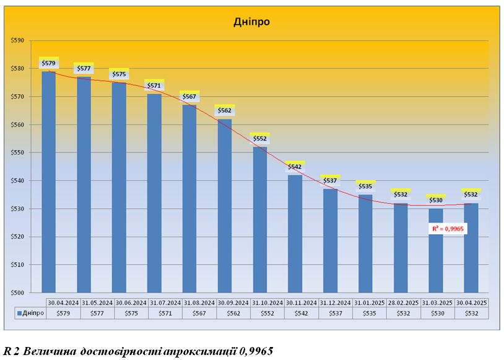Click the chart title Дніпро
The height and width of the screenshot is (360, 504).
pyautogui.click(x=252, y=22)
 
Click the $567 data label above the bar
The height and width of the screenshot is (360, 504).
pyautogui.click(x=189, y=96)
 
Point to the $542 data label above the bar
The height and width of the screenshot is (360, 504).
pyautogui.click(x=295, y=167)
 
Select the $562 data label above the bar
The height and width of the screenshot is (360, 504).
pyautogui.click(x=225, y=110)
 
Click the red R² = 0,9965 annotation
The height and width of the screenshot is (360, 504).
pyautogui.click(x=448, y=229)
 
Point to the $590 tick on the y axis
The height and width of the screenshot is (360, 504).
pyautogui.click(x=17, y=41)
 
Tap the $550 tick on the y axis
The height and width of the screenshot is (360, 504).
pyautogui.click(x=17, y=153)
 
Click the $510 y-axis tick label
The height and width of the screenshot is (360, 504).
pyautogui.click(x=17, y=265)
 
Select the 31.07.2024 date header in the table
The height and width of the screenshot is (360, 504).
pyautogui.click(x=165, y=302)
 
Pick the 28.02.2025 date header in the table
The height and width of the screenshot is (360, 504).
pyautogui.click(x=403, y=302)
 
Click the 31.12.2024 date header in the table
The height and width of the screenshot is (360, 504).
pyautogui.click(x=335, y=302)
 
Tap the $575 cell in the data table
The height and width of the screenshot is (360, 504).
pyautogui.click(x=131, y=313)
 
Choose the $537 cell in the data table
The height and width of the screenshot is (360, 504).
pyautogui.click(x=335, y=313)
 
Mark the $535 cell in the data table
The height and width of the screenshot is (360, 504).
pyautogui.click(x=369, y=313)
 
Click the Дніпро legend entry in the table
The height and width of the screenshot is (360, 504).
pyautogui.click(x=31, y=313)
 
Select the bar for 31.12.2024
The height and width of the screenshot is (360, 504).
pyautogui.click(x=331, y=242)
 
